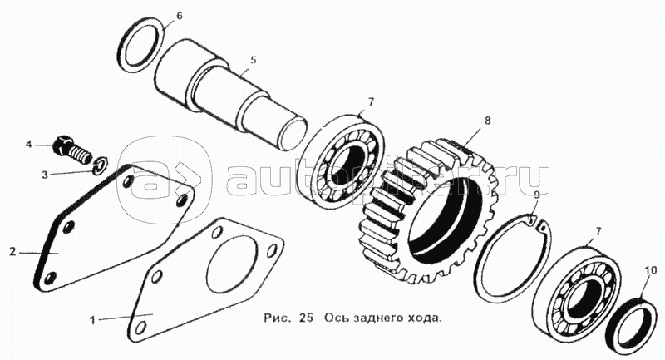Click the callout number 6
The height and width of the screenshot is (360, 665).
click(180, 17)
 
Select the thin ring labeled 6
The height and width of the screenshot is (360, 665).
click(121, 47)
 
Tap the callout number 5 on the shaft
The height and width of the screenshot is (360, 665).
click(254, 60)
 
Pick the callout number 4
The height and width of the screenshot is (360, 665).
click(29, 145)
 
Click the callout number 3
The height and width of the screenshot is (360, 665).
click(45, 175)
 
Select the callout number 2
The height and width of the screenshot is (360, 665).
click(12, 252)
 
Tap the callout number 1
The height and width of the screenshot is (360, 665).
click(92, 319)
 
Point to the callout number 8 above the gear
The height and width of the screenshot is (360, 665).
click(488, 121)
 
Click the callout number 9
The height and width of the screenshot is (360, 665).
click(536, 195)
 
